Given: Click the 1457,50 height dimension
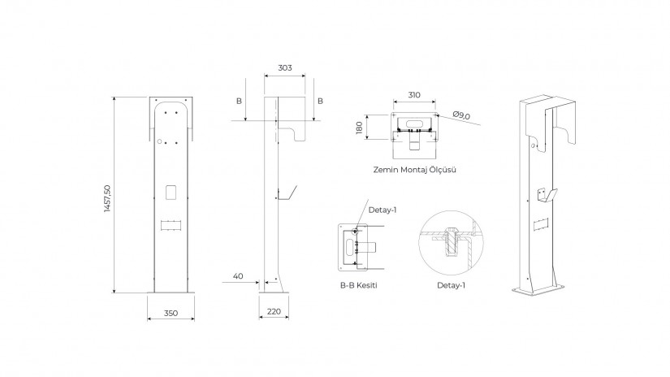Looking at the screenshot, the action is (x=107, y=198).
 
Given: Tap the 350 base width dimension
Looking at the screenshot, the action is (x=171, y=314).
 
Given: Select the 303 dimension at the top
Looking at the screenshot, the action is (x=285, y=68).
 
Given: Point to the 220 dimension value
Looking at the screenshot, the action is (x=274, y=312).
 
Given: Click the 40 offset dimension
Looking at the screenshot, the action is (x=238, y=276).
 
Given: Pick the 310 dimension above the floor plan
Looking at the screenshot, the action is (x=414, y=95).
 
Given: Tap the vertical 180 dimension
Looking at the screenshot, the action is (x=359, y=128).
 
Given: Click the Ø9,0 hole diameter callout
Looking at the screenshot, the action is (x=461, y=115).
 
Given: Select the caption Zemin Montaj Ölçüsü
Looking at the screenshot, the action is (x=414, y=170).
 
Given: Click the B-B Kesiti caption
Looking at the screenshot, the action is (x=358, y=285).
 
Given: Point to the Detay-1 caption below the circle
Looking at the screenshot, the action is (x=451, y=285).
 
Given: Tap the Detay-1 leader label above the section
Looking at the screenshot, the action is (x=383, y=210).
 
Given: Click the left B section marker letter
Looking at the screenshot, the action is (x=240, y=102).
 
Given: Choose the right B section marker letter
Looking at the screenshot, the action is (x=320, y=102).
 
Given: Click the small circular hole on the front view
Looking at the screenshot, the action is (x=159, y=141).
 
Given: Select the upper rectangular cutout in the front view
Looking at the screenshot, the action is (x=171, y=192).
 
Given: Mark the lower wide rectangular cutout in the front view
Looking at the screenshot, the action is (x=171, y=225).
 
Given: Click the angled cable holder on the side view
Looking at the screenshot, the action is (x=288, y=193).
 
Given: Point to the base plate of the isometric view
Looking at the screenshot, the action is (x=542, y=289).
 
